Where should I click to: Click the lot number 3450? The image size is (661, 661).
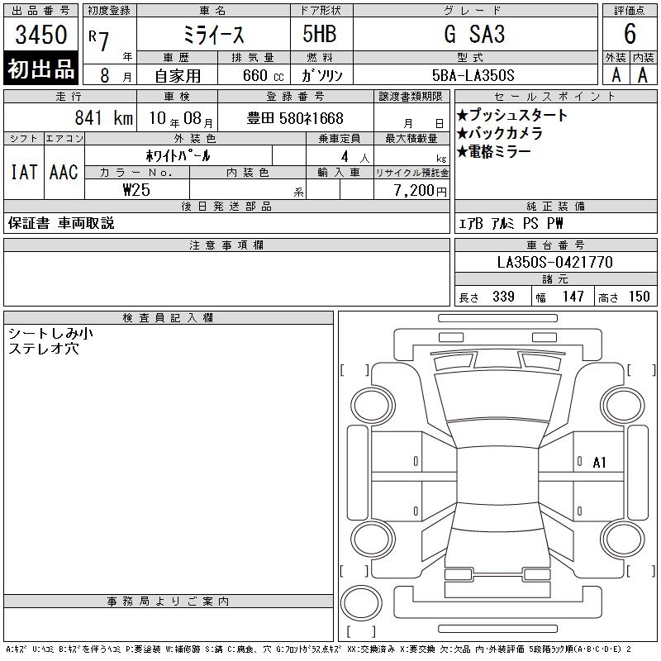tap(40, 34)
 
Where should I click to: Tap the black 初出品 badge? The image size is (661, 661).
tap(40, 69)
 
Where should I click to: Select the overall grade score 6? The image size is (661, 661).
tap(630, 34)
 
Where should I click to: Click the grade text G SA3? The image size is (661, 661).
tap(474, 34)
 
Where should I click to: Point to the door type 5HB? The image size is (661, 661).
tap(320, 34)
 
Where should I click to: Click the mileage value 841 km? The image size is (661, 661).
tap(104, 117)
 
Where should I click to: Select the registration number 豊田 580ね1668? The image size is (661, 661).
tap(295, 118)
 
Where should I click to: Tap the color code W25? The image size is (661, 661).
tap(136, 190)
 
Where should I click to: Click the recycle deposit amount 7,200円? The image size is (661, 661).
tap(420, 190)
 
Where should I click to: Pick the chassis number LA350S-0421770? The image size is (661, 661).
tap(554, 262)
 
